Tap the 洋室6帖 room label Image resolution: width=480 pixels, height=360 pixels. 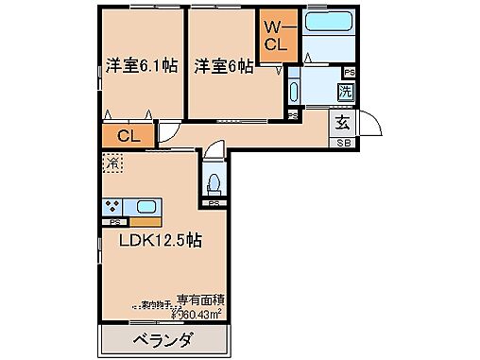pos(223,66)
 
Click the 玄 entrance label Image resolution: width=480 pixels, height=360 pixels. pos(341,120)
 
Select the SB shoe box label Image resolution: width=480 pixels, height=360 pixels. pos(341,142)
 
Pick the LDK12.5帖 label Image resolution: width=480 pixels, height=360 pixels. pos(158,240)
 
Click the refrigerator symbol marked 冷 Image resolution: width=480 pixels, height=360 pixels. pos(111,163)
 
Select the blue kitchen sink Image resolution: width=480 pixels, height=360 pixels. pos(146,207)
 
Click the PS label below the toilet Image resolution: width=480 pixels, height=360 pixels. pos(214,203)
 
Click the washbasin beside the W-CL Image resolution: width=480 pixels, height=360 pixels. pos(292,92)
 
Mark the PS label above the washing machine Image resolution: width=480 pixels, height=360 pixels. pos(350,72)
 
